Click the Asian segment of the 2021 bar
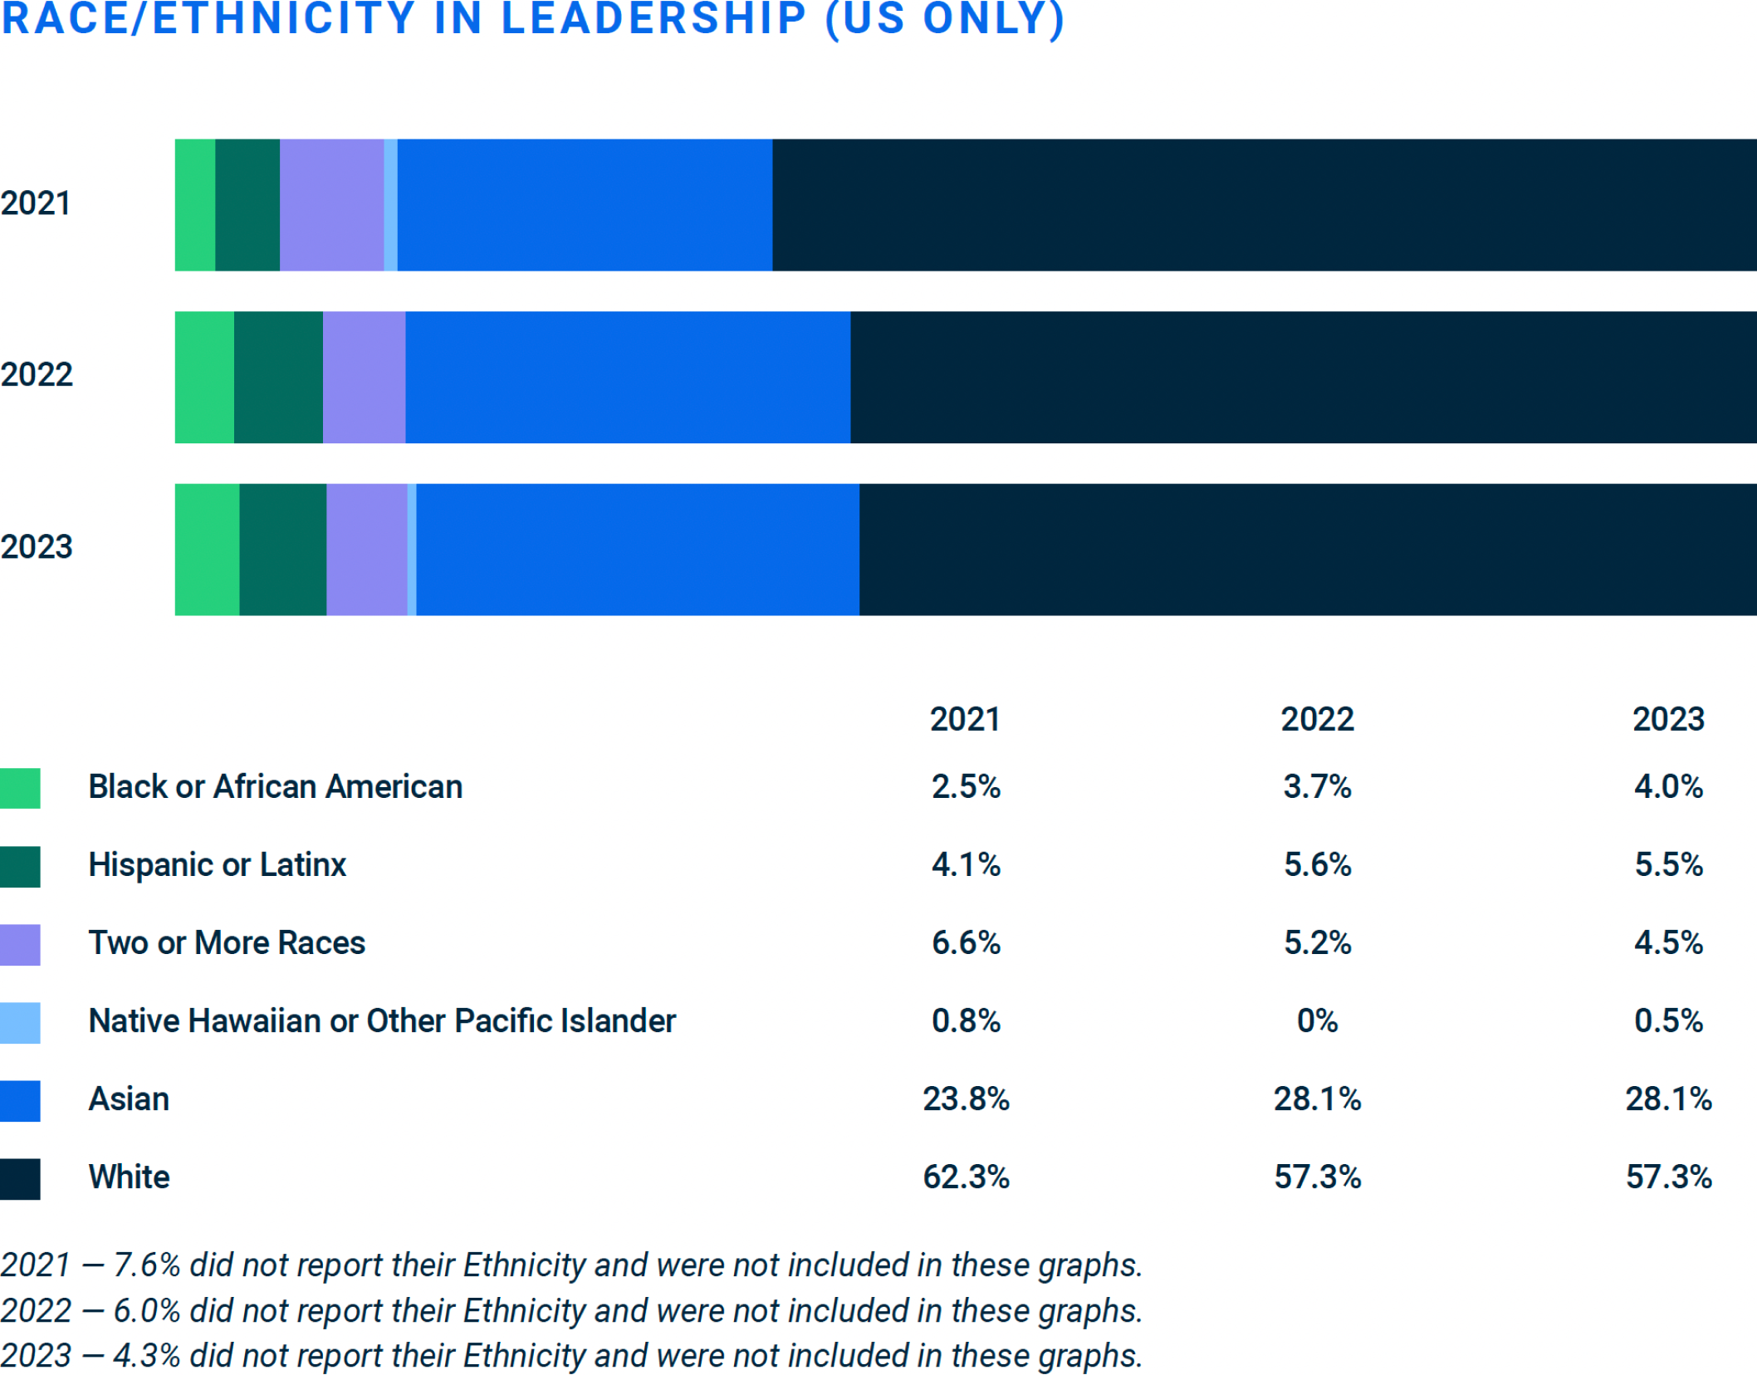[585, 204]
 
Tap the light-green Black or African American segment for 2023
[207, 549]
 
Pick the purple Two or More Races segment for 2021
[331, 204]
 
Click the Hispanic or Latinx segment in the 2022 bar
[278, 377]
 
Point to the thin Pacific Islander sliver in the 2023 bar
[412, 549]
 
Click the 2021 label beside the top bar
[36, 203]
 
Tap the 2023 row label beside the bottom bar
[37, 546]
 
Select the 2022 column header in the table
[1316, 719]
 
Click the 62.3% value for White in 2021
[966, 1177]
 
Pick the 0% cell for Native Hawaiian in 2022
[1317, 1020]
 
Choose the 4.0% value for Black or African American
[1667, 786]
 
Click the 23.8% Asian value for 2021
[966, 1099]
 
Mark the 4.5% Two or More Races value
[1667, 942]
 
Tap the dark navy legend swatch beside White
[20, 1178]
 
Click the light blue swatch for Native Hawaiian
[20, 1022]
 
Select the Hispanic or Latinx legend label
[217, 864]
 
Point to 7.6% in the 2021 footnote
[147, 1265]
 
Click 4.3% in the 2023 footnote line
[147, 1355]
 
